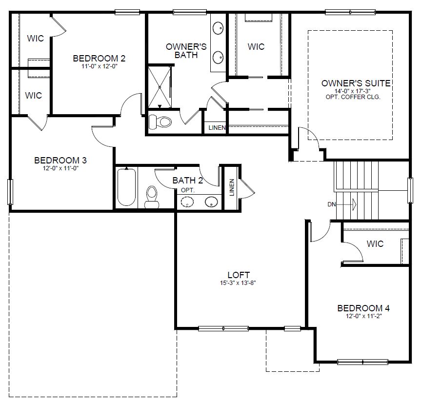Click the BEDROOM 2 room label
click(99, 59)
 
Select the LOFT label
click(239, 275)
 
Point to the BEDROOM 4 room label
click(363, 308)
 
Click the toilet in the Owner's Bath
click(160, 121)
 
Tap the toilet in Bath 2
click(152, 195)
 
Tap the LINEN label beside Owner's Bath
click(217, 128)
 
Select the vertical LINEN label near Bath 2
click(232, 187)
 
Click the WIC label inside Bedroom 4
click(375, 243)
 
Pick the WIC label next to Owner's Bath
click(256, 46)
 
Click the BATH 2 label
click(187, 181)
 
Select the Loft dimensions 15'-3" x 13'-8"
click(239, 283)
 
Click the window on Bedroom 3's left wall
click(10, 192)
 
